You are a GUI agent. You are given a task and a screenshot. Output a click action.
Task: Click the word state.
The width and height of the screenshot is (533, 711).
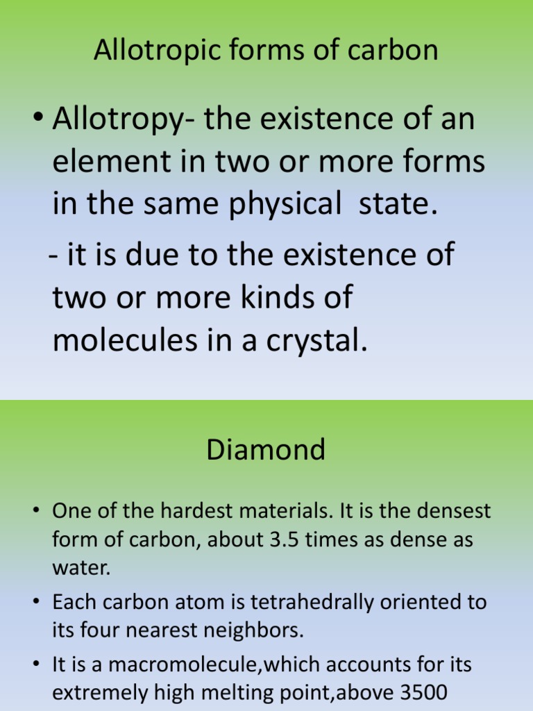pos(398,206)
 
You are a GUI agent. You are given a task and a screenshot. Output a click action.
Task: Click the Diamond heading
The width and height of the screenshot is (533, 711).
pos(266,450)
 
